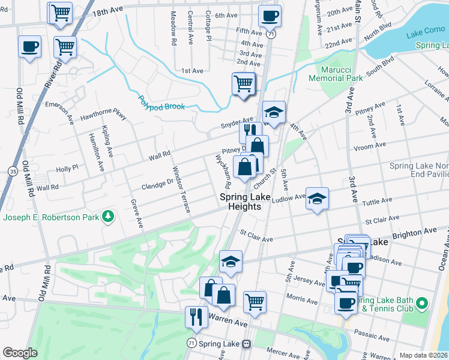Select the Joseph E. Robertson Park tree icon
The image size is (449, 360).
[x=108, y=216]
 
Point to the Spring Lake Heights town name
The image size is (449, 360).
[x=240, y=202]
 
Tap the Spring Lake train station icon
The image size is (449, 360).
[x=246, y=344]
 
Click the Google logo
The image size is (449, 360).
[x=20, y=353]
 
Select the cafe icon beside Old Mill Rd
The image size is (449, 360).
[x=29, y=47]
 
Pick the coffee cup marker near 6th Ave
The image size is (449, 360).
[x=270, y=16]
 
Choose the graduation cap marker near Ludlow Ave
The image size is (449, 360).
[x=317, y=198]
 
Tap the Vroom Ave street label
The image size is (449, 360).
[x=370, y=146]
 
